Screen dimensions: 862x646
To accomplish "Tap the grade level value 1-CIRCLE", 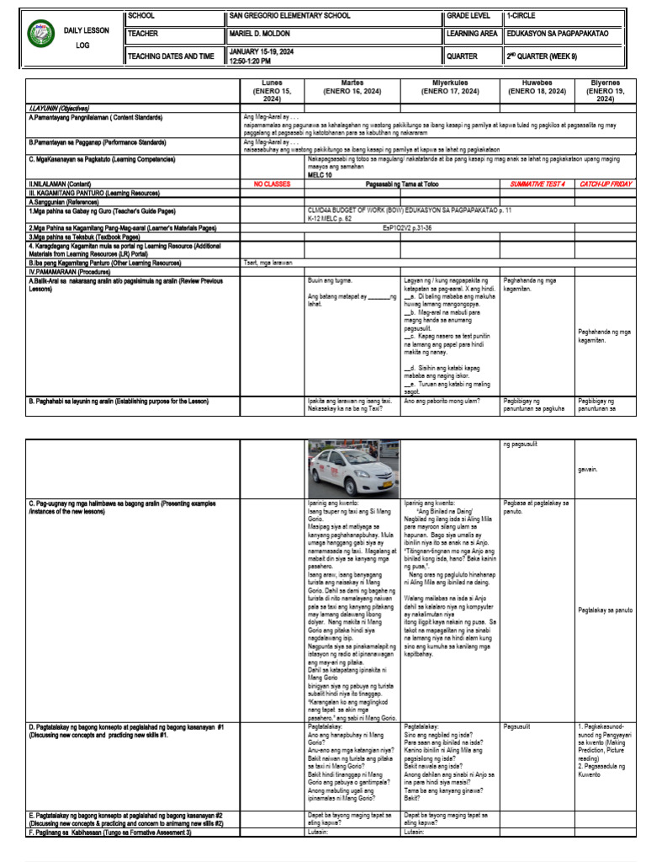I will click(x=521, y=16).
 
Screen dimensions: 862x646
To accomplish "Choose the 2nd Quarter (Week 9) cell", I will click(x=541, y=56).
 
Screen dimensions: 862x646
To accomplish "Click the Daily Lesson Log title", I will click(x=86, y=37).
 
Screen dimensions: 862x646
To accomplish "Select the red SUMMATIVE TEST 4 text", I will click(x=537, y=183).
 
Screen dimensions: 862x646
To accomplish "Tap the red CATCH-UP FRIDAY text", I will click(x=605, y=183).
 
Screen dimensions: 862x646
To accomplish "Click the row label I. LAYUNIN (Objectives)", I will click(x=60, y=109).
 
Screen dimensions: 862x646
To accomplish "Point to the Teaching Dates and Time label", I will click(x=171, y=56).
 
